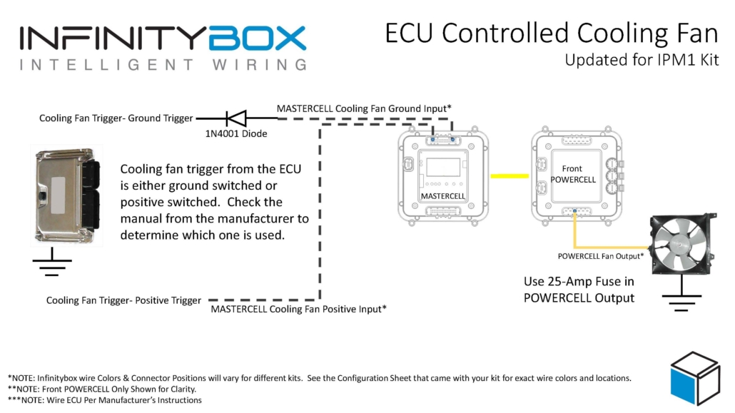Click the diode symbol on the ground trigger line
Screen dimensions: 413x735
236,118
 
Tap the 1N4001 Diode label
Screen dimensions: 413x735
235,133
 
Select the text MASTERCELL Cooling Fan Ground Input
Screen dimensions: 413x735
364,108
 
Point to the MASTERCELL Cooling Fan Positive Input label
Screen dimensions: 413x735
298,310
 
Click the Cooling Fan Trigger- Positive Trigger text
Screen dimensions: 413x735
123,300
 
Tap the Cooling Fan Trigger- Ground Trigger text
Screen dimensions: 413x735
116,118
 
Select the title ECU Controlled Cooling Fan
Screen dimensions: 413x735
552,33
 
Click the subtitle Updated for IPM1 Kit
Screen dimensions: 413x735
642,60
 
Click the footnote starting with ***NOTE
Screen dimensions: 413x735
105,400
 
